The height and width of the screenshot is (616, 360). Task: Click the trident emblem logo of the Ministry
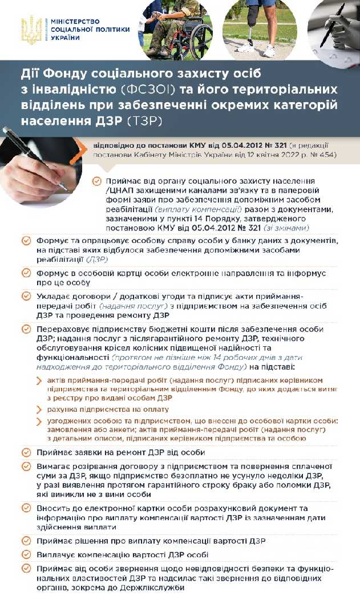(x=31, y=29)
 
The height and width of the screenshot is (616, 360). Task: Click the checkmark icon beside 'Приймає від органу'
(x=96, y=181)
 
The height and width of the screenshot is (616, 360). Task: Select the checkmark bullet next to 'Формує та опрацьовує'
(x=26, y=241)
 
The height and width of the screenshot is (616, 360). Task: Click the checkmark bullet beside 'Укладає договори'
(x=26, y=296)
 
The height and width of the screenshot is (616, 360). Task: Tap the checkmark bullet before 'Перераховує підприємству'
(x=26, y=329)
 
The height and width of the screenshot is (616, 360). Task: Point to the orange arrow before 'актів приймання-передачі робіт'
(x=39, y=380)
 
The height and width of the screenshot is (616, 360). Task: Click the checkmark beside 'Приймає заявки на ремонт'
(x=26, y=452)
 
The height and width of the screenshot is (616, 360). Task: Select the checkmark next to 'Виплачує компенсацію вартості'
(x=26, y=554)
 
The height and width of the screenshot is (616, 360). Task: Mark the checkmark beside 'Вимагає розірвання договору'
(x=26, y=466)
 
